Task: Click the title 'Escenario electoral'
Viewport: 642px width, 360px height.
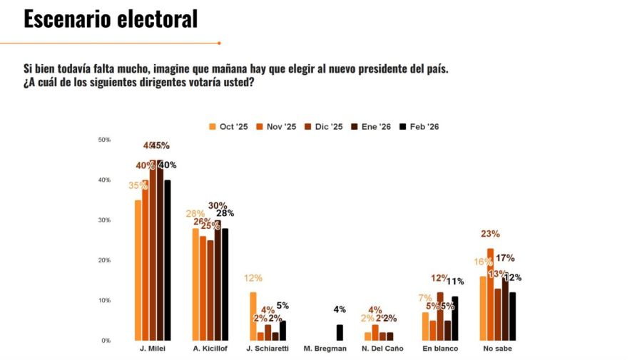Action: [x=111, y=19]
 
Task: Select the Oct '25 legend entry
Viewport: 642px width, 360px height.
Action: [x=228, y=127]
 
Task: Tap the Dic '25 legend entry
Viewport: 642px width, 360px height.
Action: [x=326, y=127]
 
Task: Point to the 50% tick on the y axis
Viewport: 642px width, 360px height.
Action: [x=104, y=140]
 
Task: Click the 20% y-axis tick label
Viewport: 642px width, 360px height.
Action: [x=104, y=261]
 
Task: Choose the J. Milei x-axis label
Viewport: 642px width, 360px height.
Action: [x=152, y=349]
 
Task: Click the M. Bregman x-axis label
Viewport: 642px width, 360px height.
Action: [x=325, y=349]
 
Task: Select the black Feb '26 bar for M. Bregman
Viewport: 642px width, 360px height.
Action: [x=340, y=332]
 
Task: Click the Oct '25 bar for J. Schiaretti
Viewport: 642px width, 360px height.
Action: [x=253, y=316]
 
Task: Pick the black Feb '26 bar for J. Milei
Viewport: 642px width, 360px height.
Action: [x=167, y=260]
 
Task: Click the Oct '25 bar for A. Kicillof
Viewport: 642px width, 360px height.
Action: [x=195, y=284]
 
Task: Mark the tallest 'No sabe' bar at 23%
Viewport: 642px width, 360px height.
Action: [x=490, y=294]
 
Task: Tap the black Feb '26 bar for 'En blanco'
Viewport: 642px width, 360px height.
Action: [x=454, y=318]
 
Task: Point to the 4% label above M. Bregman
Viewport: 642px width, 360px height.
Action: [x=340, y=309]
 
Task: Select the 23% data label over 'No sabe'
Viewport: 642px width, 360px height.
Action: [x=490, y=234]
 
